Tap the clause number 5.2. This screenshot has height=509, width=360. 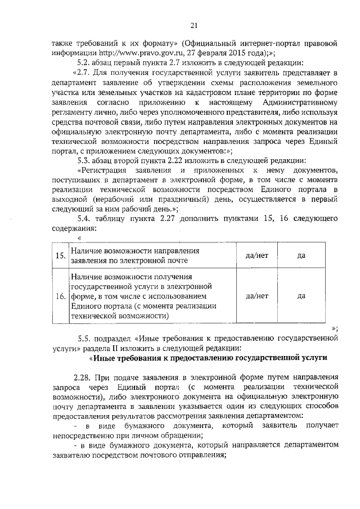84,62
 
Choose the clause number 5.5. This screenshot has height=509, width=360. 85,339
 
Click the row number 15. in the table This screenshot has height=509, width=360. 60,256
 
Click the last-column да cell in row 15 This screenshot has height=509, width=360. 301,256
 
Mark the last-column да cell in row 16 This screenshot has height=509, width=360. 301,296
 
